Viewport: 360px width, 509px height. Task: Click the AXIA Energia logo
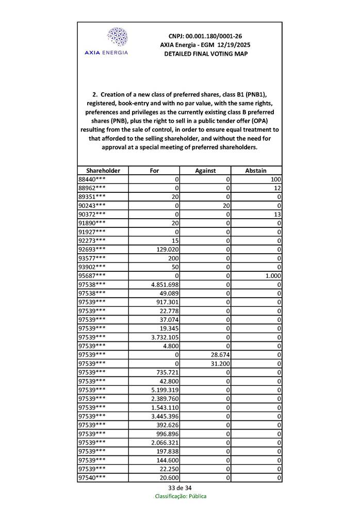[x=106, y=41]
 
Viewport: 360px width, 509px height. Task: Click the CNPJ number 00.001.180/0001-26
[x=205, y=36]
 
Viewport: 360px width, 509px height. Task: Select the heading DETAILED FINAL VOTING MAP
[x=205, y=54]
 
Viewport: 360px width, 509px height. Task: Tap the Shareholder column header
[x=103, y=171]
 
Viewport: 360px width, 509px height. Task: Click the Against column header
[x=205, y=171]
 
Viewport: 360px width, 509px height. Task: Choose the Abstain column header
[x=256, y=171]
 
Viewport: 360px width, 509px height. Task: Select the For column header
[x=154, y=171]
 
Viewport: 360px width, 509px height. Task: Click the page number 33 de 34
[x=179, y=488]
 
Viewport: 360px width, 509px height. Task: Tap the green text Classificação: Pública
[x=181, y=496]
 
